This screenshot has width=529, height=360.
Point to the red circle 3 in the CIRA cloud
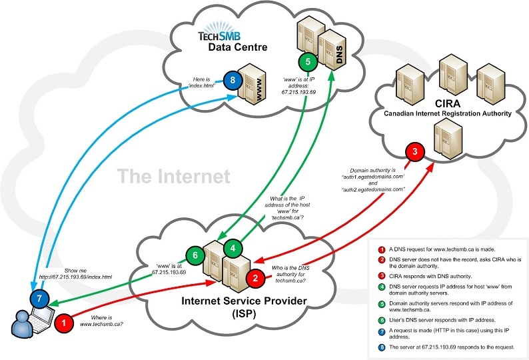point(415,152)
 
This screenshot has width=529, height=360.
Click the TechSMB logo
point(224,35)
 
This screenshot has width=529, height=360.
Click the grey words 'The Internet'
point(173,177)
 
